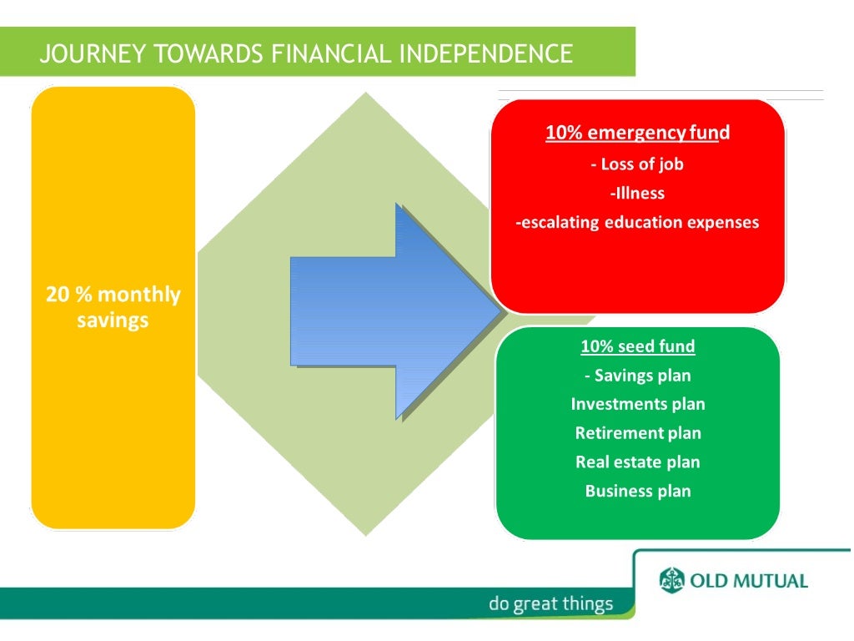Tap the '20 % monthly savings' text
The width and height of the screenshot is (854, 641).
click(x=113, y=307)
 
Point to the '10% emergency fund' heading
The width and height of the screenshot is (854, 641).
click(x=637, y=133)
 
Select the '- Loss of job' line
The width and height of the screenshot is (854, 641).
click(x=637, y=164)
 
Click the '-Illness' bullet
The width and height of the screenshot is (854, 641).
click(x=637, y=193)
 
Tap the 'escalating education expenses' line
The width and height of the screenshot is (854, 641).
click(x=637, y=222)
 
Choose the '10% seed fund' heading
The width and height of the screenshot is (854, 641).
click(x=637, y=346)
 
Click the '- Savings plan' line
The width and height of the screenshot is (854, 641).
click(x=637, y=376)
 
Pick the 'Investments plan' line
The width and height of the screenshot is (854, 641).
click(x=637, y=404)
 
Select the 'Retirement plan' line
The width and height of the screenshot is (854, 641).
click(x=637, y=433)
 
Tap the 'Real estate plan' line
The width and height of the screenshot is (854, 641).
click(x=637, y=462)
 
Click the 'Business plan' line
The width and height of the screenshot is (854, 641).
click(x=637, y=491)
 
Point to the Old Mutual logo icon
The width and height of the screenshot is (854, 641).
click(x=671, y=580)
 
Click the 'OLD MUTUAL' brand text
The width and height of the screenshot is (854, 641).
click(x=748, y=581)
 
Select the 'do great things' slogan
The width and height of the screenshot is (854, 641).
click(x=550, y=603)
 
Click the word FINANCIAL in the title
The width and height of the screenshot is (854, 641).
click(x=329, y=54)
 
